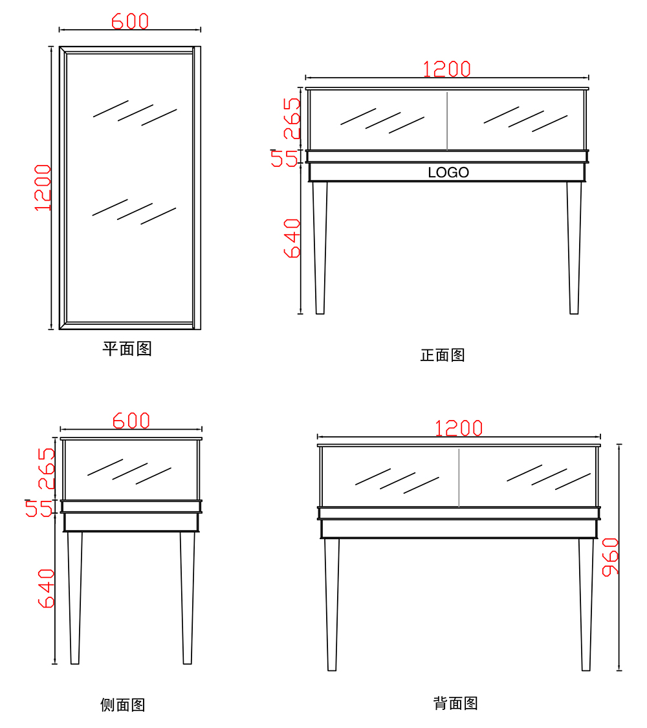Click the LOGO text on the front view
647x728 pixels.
point(448,173)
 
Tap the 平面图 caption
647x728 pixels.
point(127,349)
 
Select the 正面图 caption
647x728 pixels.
point(443,355)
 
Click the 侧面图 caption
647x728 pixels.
point(123,705)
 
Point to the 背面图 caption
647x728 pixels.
point(455,703)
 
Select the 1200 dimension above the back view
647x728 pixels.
point(459,428)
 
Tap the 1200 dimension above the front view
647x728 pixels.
point(447,69)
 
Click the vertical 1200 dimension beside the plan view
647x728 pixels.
point(43,188)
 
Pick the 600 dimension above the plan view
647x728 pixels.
point(130,21)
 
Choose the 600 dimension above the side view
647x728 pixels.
point(131,421)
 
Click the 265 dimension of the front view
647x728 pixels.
point(292,118)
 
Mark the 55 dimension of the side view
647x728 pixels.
point(39,508)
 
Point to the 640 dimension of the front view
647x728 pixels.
point(292,238)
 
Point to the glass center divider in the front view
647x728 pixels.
point(447,121)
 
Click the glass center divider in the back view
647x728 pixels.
point(459,478)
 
